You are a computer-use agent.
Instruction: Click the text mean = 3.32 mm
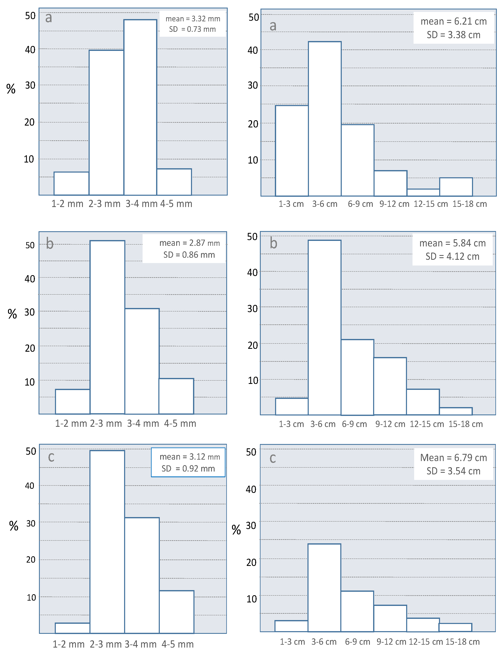[193, 19]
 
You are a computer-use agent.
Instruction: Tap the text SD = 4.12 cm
[452, 256]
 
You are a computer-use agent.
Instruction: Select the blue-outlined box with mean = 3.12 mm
[188, 462]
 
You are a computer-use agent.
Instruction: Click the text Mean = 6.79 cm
[453, 458]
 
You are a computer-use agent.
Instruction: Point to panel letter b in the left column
[50, 243]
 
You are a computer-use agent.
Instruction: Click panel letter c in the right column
[272, 458]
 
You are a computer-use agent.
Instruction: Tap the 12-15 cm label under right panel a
[431, 204]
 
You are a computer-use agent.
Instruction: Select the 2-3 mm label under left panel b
[106, 423]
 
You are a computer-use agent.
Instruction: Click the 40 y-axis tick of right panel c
[251, 489]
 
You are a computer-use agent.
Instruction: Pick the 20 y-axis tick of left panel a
[29, 122]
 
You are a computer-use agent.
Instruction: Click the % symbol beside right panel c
[236, 530]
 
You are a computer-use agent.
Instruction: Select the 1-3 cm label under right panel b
[291, 424]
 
